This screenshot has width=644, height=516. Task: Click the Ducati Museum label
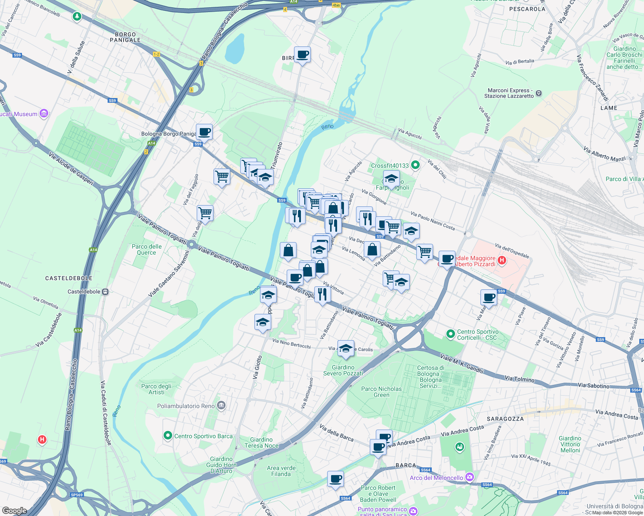(x=19, y=114)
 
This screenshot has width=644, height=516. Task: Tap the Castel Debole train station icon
(x=105, y=292)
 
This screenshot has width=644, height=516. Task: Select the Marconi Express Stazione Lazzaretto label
(x=509, y=93)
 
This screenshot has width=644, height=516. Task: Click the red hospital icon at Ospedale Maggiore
(x=502, y=260)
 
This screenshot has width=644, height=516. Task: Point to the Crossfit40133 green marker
(x=415, y=165)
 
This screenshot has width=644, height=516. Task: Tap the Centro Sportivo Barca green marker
(x=168, y=436)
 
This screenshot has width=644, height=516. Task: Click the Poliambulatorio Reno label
(x=186, y=406)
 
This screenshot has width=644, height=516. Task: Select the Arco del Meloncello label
(x=437, y=478)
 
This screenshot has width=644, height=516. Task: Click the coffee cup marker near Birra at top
(x=303, y=55)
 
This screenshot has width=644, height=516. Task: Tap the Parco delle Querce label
(x=147, y=249)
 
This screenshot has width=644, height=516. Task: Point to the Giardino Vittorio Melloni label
(x=570, y=444)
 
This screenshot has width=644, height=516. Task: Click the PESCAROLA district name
(x=527, y=9)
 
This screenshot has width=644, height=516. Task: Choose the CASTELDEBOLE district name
(x=69, y=278)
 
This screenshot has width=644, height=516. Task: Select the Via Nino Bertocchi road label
(x=291, y=343)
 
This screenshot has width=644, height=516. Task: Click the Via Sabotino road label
(x=594, y=386)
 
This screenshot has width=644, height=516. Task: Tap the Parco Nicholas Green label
(x=381, y=392)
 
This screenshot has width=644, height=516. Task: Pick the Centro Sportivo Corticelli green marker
(x=451, y=334)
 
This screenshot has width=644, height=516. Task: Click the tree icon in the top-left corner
(x=77, y=17)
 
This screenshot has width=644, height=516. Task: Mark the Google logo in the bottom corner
(x=14, y=511)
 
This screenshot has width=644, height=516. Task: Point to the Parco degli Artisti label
(x=156, y=389)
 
